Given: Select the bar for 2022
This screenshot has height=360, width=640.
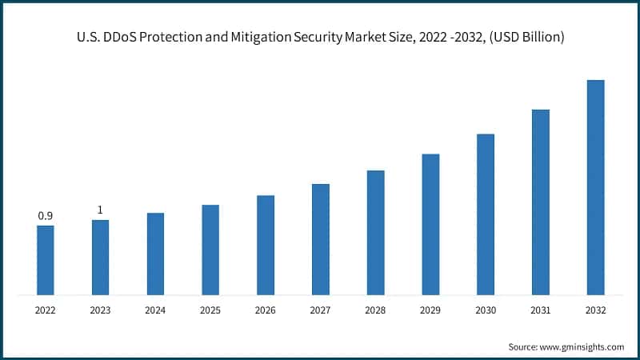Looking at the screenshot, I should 46,260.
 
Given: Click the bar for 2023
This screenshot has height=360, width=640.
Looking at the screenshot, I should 100,258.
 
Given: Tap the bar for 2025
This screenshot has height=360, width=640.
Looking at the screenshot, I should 210,250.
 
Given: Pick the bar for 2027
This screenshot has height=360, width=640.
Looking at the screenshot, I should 321,239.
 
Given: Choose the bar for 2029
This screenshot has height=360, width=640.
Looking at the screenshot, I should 430,224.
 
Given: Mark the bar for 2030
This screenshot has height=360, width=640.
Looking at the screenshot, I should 486,214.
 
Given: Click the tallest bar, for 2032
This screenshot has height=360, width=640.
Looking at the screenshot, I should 595,187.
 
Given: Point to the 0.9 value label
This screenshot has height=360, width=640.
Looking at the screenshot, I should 46,216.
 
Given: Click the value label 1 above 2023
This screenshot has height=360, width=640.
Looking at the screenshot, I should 100,210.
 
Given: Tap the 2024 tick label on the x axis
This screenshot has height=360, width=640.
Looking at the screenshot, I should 155,310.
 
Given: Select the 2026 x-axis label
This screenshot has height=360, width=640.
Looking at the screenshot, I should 266,310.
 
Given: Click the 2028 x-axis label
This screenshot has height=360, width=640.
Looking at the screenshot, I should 375,310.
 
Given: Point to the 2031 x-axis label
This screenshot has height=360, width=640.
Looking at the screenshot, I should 541,310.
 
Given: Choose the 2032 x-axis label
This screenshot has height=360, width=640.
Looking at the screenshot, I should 595,310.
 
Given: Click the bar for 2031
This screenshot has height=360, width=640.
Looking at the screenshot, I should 541,202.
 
